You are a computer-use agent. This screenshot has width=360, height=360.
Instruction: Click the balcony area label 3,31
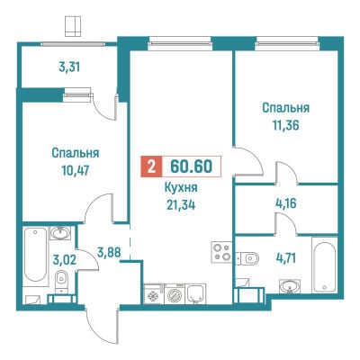[69, 67]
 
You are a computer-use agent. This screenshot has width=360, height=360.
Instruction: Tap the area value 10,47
[76, 170]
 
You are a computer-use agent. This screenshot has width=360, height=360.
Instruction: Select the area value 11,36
[285, 125]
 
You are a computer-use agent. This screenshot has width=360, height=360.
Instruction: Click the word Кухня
[181, 188]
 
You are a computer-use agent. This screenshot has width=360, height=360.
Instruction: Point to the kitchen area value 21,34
[181, 205]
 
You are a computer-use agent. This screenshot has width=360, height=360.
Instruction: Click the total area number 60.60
[191, 166]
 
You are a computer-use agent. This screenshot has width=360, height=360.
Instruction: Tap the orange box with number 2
[151, 166]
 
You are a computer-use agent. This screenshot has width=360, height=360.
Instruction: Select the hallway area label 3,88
[109, 252]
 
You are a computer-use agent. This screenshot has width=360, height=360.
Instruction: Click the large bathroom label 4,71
[285, 258]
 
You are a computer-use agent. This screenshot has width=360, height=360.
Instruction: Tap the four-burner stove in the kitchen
[221, 252]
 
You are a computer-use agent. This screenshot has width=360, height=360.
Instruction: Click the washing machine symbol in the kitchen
[175, 294]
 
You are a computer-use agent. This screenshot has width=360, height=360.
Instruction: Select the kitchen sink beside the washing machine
[195, 294]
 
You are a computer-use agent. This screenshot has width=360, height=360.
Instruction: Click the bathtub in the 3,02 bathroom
[36, 255]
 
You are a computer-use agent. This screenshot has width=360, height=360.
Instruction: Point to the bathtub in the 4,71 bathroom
[324, 265]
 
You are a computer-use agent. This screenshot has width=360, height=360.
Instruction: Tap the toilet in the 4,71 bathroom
[247, 258]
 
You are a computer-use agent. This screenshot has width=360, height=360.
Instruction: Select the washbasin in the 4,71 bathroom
[290, 286]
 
